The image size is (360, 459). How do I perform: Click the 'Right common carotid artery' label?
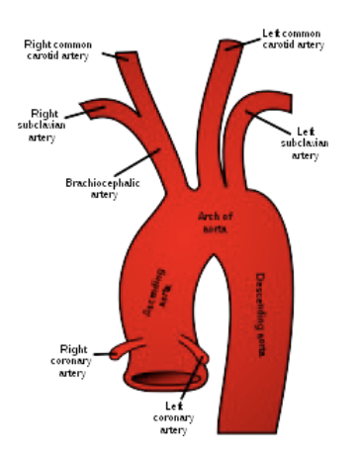click(x=63, y=49)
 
